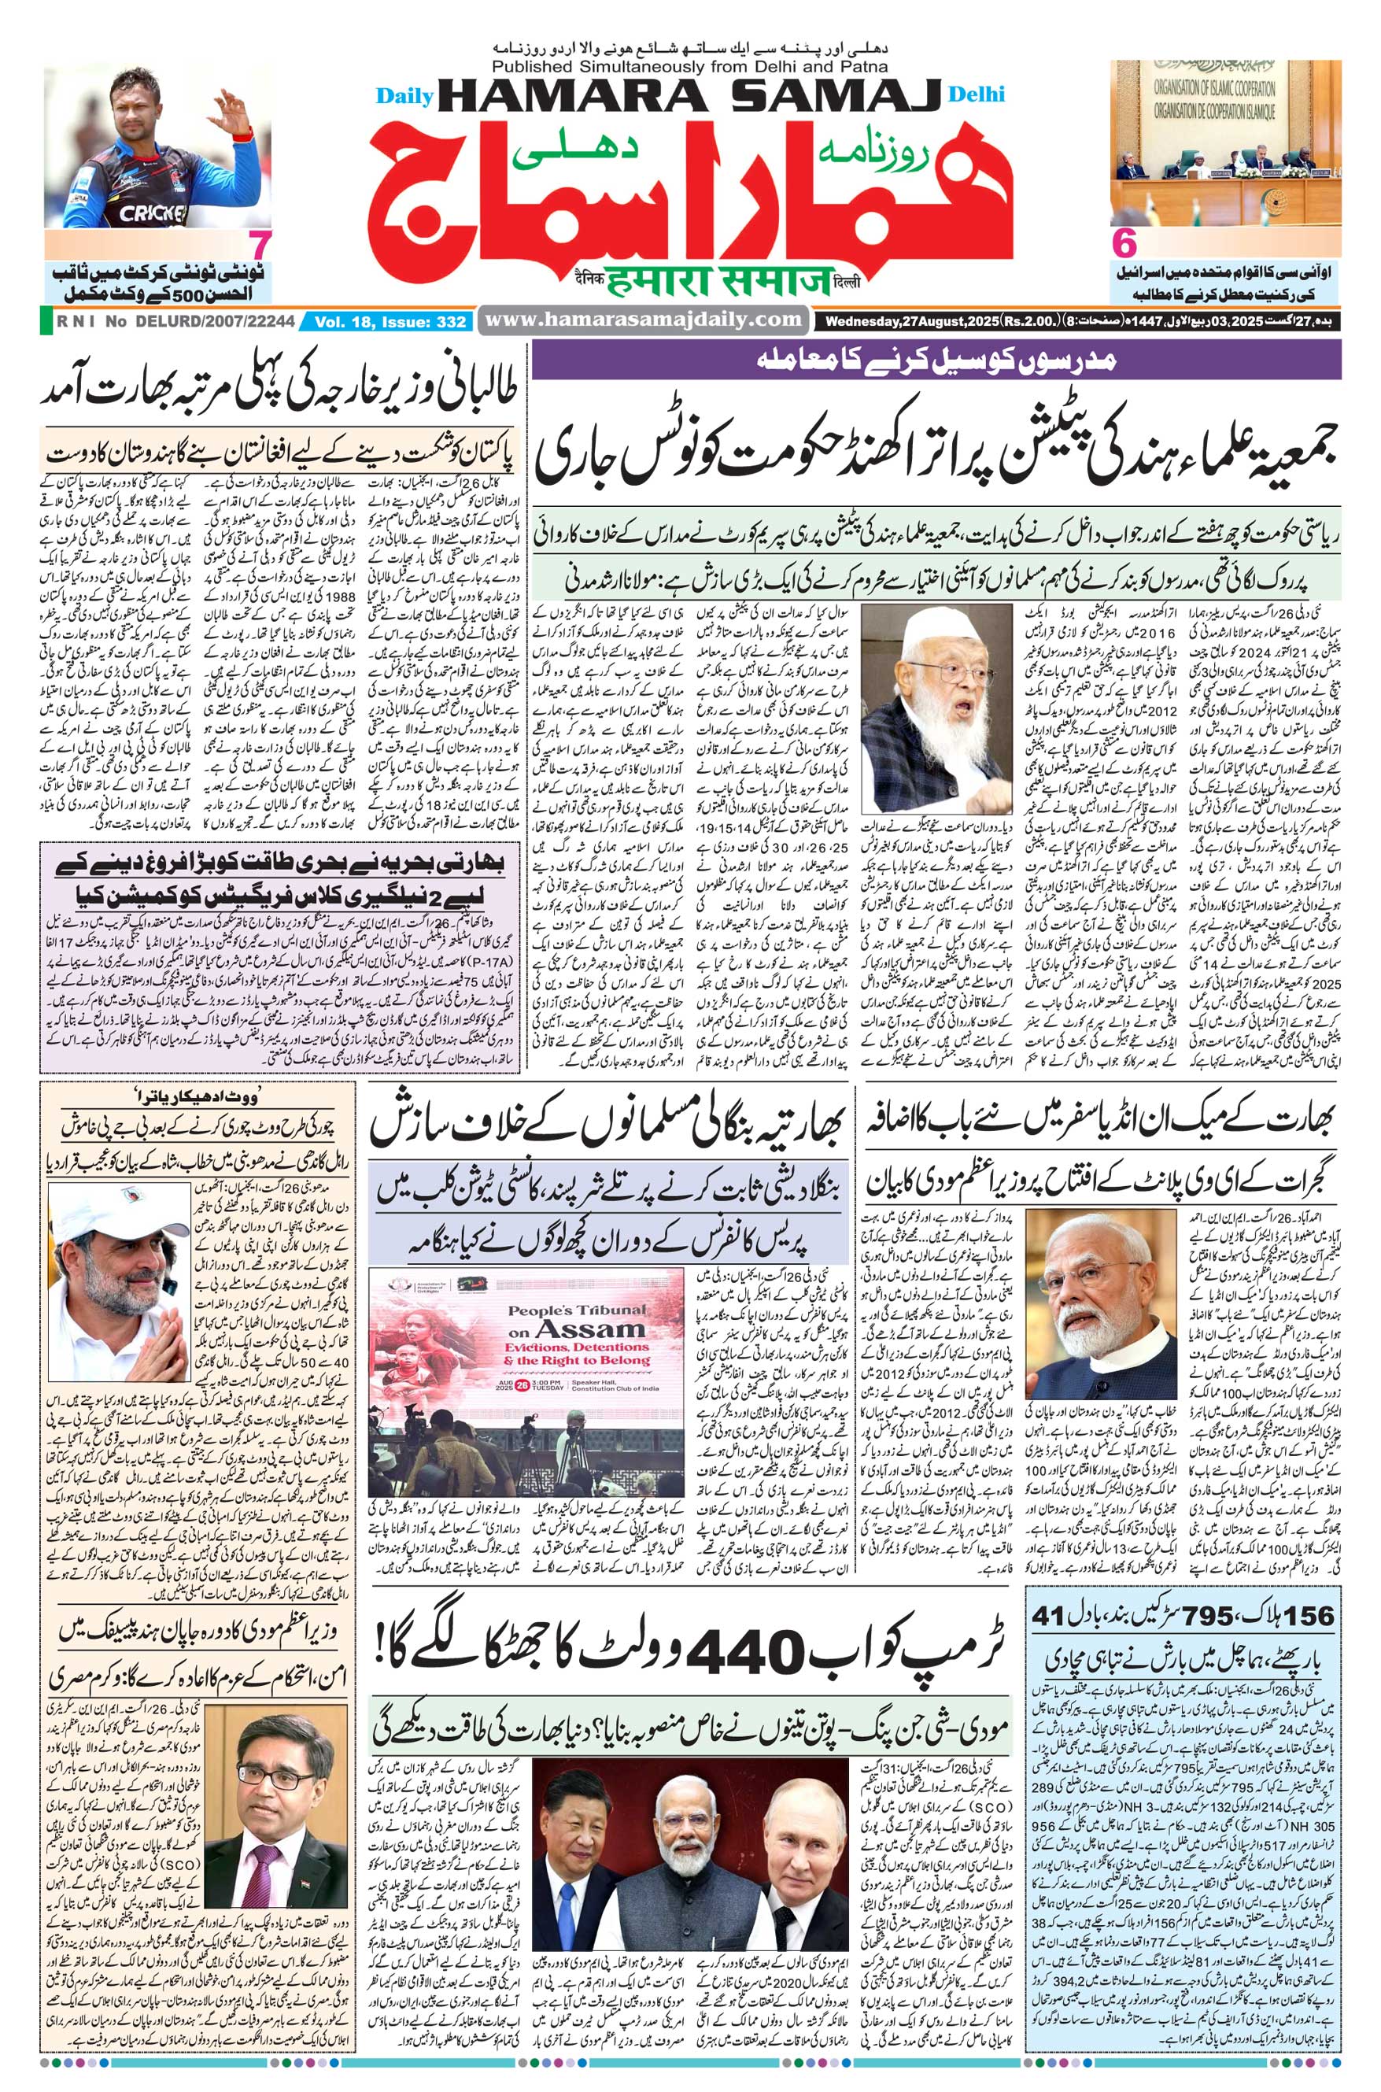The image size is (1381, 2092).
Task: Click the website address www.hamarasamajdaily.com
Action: coord(643,321)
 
